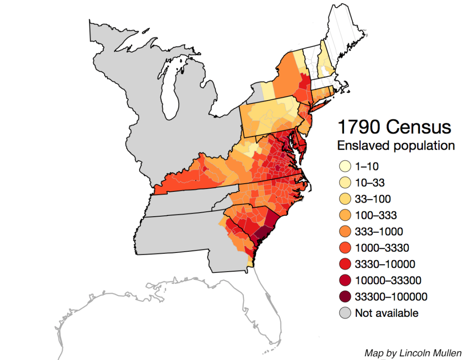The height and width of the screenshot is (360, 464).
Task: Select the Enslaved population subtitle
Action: pos(395,146)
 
